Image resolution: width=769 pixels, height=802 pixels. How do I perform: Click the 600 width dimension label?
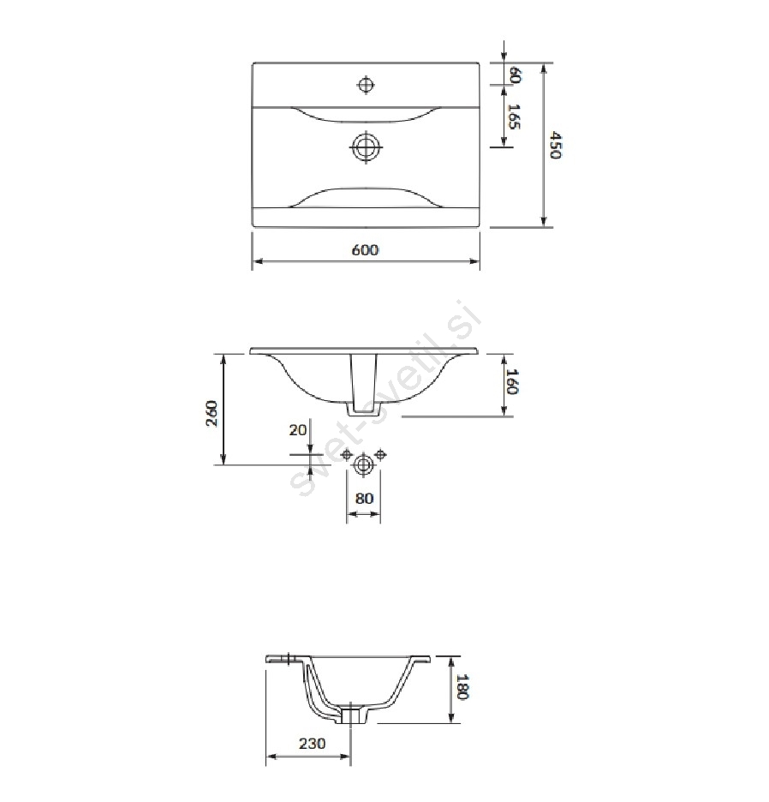[365, 250]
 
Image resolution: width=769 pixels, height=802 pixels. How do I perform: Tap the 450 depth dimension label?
[556, 146]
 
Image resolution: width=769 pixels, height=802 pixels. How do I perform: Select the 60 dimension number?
[515, 75]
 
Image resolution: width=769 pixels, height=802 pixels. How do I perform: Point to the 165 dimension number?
[514, 117]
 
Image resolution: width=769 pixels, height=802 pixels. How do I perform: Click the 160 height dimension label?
[512, 381]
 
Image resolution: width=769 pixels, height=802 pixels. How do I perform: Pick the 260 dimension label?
[212, 413]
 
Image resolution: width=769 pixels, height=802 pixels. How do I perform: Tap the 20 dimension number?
[297, 429]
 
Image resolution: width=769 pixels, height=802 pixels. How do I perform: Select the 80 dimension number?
[364, 498]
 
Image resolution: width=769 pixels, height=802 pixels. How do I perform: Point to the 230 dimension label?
[312, 743]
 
